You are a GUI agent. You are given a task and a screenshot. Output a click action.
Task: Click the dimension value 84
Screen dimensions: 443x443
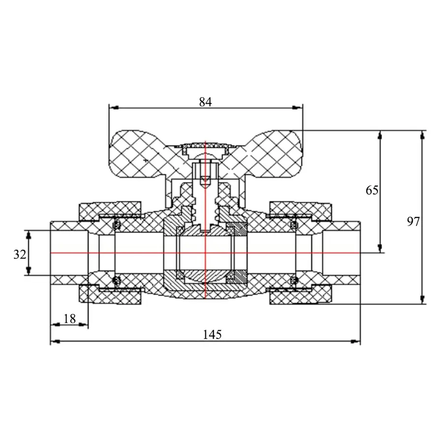205,102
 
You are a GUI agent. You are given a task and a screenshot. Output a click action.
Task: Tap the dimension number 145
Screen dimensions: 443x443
213,335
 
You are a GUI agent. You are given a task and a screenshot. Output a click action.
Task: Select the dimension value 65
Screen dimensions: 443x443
372,190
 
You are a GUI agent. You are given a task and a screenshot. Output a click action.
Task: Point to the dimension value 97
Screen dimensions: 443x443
413,221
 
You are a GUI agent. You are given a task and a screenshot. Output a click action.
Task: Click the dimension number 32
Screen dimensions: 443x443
20,254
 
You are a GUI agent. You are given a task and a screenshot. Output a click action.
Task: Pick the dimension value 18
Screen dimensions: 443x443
69,319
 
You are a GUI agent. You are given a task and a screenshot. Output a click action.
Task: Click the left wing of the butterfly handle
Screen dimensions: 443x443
138,154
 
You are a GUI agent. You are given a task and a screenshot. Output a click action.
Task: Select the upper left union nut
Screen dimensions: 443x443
110,211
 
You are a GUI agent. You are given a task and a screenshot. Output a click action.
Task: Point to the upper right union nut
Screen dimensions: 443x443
300,211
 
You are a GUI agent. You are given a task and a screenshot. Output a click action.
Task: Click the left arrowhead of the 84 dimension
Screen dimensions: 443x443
114,108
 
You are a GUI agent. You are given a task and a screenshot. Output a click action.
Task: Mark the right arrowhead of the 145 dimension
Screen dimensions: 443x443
355,342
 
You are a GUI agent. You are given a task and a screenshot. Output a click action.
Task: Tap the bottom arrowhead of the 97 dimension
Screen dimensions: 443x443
422,299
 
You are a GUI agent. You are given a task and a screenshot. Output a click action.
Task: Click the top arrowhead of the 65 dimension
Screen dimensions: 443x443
380,136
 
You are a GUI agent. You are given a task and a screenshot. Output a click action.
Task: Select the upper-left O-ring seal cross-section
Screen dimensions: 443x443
116,225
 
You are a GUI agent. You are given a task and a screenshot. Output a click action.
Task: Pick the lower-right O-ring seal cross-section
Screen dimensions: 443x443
294,281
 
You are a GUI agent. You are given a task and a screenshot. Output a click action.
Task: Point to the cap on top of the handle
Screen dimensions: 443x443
205,148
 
